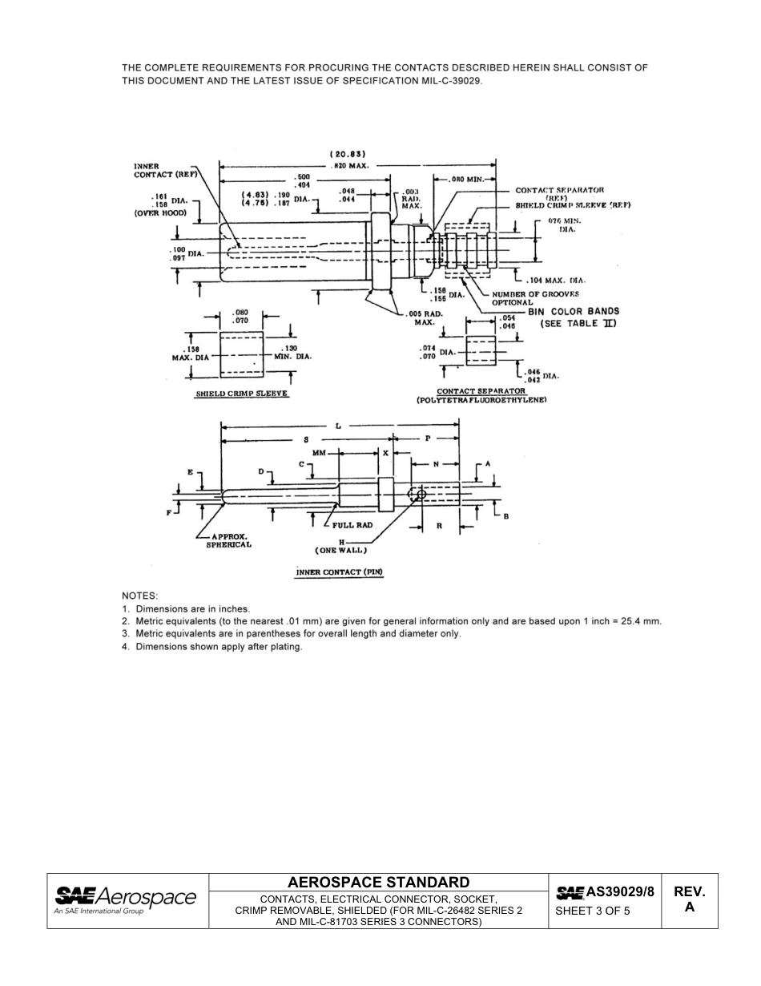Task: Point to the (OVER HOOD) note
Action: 159,214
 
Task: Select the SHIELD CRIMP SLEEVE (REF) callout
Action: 572,205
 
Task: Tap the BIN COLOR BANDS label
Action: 573,311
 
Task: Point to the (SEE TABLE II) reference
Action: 577,323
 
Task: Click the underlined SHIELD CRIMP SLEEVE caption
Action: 242,394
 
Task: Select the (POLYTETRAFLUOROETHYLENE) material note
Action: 481,399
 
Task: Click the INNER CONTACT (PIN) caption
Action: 340,572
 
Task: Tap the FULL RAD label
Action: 352,525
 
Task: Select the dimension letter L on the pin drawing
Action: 338,426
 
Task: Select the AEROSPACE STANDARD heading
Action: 378,882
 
